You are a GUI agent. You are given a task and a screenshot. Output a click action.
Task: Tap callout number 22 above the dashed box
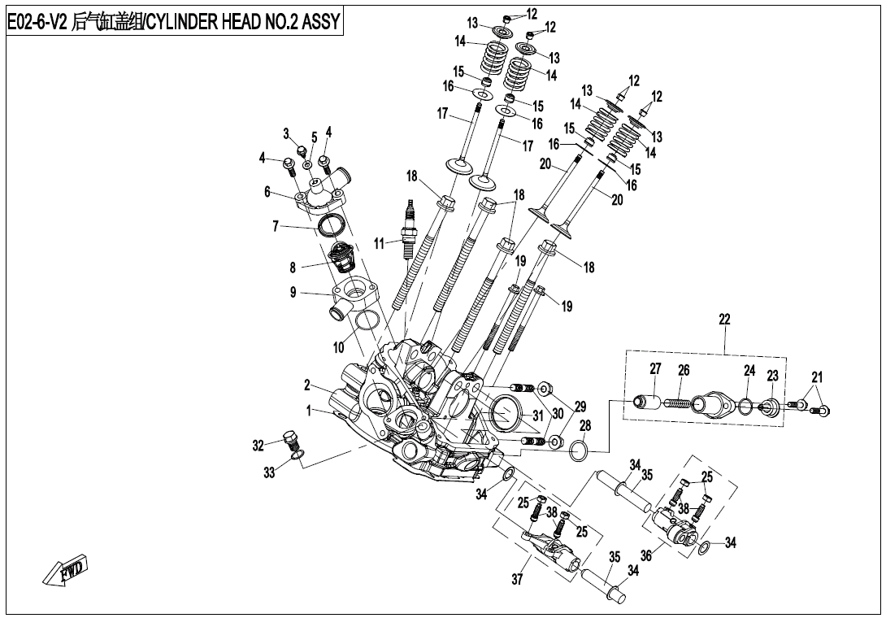[724, 320]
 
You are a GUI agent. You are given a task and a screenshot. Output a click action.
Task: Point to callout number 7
[276, 226]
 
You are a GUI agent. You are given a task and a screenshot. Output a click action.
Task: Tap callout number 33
[269, 473]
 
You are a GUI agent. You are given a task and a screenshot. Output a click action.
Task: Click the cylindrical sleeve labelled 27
[649, 403]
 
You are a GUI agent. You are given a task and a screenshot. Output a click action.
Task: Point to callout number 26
[684, 371]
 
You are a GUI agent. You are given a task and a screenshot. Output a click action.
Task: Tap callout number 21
[817, 376]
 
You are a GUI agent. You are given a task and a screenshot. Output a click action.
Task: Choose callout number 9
[293, 293]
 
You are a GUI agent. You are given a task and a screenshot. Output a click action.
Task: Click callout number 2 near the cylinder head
[307, 385]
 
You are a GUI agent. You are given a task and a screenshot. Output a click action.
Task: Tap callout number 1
[309, 411]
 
